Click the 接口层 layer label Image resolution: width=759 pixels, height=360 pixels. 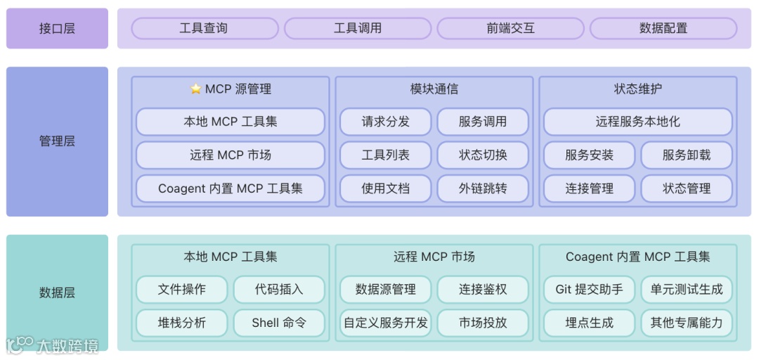pos(57,29)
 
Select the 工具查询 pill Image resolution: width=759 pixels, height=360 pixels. pos(205,29)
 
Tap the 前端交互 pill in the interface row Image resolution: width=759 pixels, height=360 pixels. pos(510,29)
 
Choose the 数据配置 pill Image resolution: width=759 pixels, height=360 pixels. pos(663,29)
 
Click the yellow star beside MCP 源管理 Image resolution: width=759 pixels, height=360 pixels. pos(196,89)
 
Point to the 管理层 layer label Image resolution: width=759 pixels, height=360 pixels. pos(57,141)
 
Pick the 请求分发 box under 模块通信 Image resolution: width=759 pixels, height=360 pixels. pos(385,122)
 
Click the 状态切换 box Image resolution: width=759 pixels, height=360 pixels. pos(483,155)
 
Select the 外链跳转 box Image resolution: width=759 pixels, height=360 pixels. pos(483,188)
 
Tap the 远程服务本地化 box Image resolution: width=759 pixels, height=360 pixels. pos(637,122)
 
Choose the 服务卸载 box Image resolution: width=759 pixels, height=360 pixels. pos(687,155)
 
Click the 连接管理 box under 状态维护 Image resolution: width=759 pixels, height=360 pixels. pos(589,188)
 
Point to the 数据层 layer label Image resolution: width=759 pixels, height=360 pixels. pos(57,292)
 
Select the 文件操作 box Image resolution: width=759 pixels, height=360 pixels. pos(182,289)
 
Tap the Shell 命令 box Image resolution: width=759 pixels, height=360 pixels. pos(279,323)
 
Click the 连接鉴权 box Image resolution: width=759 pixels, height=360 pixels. pos(483,289)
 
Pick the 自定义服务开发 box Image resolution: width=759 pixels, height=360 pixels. pos(385,323)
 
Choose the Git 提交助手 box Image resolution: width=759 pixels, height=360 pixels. pos(589,289)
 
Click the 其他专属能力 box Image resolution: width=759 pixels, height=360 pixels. pos(687,323)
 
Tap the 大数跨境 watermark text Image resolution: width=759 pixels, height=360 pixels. pos(67,345)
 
